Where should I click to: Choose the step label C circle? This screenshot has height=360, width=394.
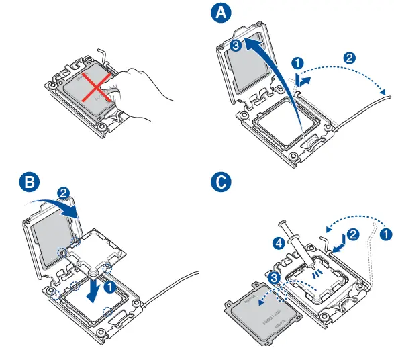[x=219, y=183]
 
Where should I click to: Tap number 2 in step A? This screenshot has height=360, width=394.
[x=349, y=57]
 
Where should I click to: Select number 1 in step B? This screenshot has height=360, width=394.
[x=111, y=285]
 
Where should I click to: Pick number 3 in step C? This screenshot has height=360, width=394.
[x=273, y=277]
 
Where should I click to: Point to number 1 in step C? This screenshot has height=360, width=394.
[x=385, y=234]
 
